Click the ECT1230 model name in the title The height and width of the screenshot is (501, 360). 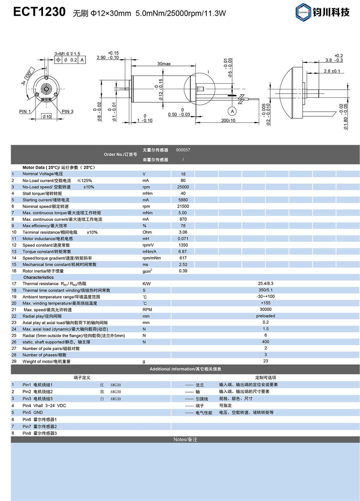(x=39, y=12)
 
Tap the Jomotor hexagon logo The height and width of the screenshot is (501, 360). (x=303, y=12)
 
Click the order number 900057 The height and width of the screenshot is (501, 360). (x=183, y=150)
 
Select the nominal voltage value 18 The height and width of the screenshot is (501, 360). (x=183, y=174)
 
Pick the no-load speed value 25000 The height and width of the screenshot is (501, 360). (x=183, y=187)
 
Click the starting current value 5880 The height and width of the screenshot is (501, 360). (x=183, y=200)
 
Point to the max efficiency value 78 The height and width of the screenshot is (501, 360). (x=183, y=226)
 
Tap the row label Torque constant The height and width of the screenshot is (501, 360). (x=47, y=252)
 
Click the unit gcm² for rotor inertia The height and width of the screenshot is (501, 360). (x=147, y=271)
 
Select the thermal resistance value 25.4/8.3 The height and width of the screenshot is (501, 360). (x=265, y=283)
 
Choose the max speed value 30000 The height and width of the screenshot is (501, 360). (x=265, y=309)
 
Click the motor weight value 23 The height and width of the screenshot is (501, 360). (x=265, y=361)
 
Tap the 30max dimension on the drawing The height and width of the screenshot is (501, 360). (x=164, y=64)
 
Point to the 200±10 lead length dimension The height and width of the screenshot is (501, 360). (x=228, y=121)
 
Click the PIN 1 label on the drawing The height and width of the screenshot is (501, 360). (x=25, y=112)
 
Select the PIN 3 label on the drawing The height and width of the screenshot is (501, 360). (x=67, y=112)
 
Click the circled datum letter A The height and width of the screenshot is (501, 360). (x=232, y=111)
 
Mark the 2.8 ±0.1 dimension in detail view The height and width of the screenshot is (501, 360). (x=332, y=71)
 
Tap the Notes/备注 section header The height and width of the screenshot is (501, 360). (x=185, y=439)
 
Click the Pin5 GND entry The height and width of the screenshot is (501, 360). (x=33, y=412)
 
